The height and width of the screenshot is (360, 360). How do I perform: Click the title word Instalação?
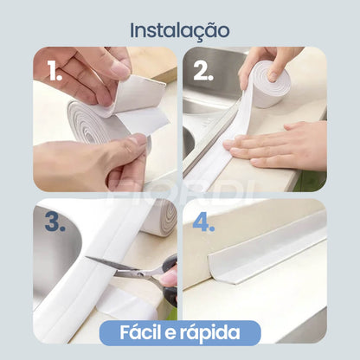pyautogui.click(x=180, y=29)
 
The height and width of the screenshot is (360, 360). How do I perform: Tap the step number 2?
pyautogui.click(x=202, y=72)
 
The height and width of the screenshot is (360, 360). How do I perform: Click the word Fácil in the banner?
pyautogui.click(x=129, y=332)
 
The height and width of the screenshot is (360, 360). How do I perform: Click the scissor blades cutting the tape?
pyautogui.click(x=112, y=267)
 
